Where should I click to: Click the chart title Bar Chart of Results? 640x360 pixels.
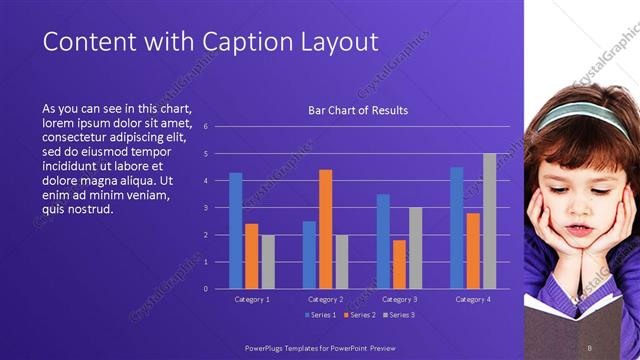358,110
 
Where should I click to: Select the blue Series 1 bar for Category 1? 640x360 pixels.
236,230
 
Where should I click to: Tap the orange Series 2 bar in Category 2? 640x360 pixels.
325,229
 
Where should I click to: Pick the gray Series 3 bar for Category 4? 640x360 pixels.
489,221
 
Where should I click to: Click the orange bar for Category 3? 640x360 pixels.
399,264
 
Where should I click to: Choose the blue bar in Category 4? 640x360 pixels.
457,228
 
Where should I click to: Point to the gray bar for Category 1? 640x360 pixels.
268,261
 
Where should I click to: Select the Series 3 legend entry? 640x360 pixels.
398,316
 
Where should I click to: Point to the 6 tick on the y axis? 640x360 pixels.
204,127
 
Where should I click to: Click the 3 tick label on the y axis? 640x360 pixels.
204,208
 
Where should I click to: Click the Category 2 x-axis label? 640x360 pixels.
325,299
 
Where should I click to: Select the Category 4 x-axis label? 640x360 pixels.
472,299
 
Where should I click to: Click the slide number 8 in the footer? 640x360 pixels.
590,347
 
